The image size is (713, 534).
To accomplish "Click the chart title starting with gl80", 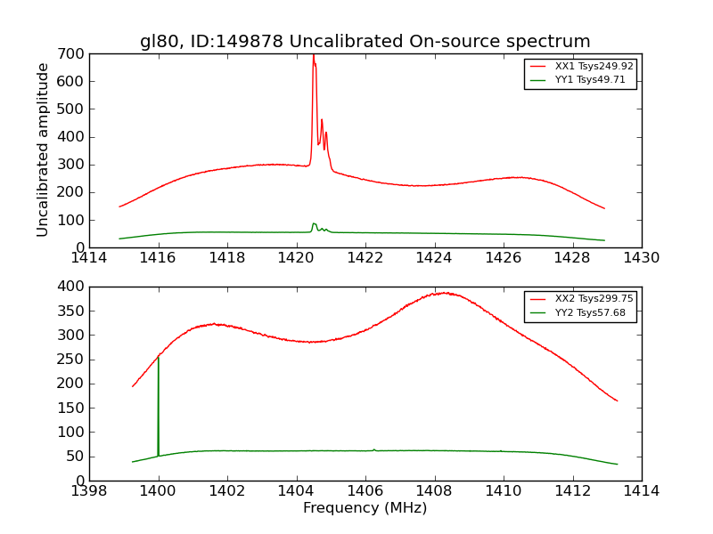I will click(365, 42).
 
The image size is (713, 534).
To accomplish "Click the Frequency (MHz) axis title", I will click(365, 508).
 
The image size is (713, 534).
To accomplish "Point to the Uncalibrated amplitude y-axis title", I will click(43, 150).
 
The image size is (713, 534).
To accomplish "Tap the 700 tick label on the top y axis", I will click(73, 54).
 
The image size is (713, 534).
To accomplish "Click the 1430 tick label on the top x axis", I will click(641, 258).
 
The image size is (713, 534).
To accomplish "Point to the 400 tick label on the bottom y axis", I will click(73, 287).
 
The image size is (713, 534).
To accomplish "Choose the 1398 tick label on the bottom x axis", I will click(90, 490).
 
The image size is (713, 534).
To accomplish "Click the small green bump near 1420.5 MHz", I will click(314, 224).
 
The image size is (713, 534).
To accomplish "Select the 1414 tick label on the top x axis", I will click(90, 258).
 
